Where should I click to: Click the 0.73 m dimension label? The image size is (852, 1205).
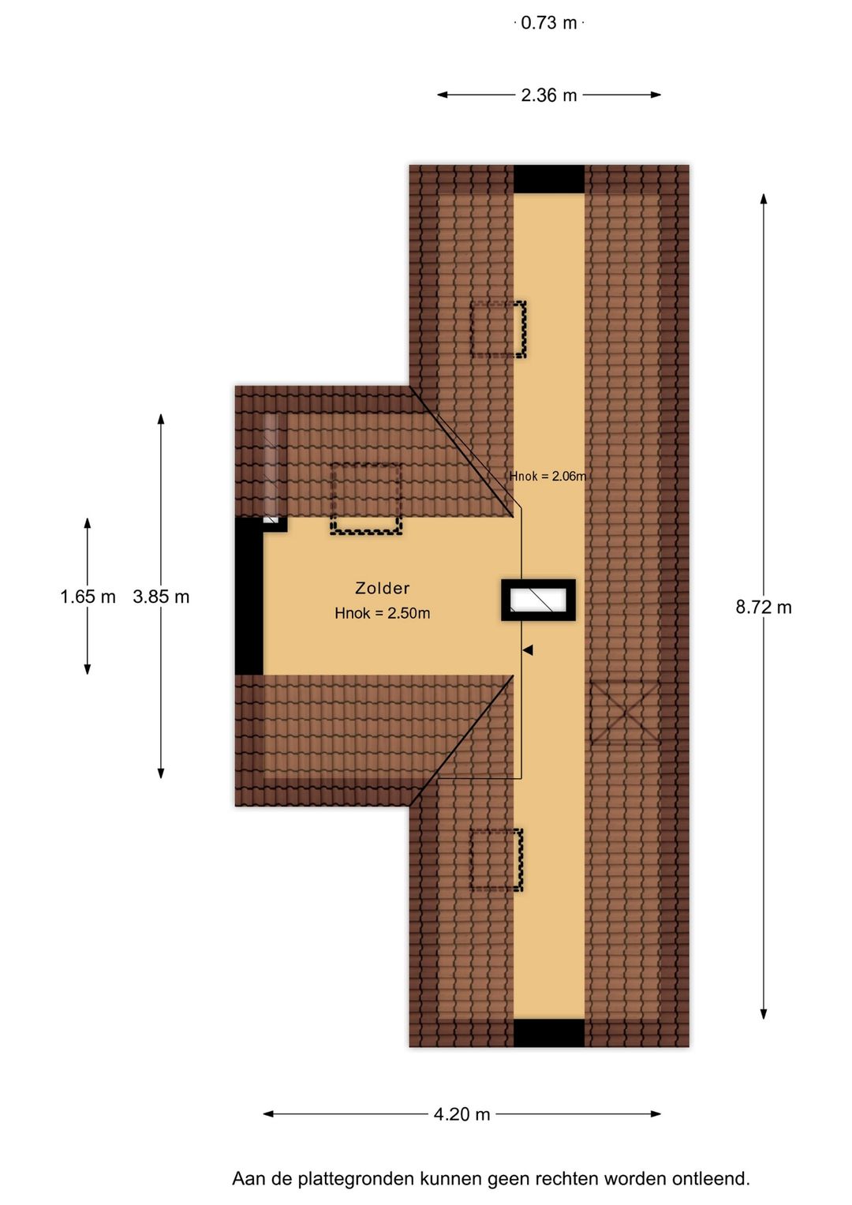pos(548,23)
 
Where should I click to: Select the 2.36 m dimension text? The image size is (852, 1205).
pos(548,95)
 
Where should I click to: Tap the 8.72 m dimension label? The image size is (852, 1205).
pos(764,608)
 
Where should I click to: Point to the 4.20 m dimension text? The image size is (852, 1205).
pos(462,1114)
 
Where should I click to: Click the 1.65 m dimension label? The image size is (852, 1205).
pos(88,597)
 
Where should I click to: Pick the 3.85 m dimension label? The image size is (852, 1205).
pos(161,597)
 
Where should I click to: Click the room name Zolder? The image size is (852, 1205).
pos(383,588)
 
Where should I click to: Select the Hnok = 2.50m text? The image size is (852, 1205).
pos(383,613)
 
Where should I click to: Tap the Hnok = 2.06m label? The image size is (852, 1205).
pos(547,476)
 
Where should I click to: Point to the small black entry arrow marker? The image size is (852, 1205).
pos(528,650)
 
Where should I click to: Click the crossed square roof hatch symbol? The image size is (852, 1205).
pos(625,713)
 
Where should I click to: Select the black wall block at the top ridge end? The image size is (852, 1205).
pos(548,179)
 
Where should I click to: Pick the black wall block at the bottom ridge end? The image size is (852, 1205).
pos(548,1033)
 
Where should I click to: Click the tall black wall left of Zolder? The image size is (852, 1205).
pos(249,596)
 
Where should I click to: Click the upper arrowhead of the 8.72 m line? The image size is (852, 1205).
pos(764,199)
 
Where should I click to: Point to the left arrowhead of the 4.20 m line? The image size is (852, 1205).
pos(268,1113)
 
